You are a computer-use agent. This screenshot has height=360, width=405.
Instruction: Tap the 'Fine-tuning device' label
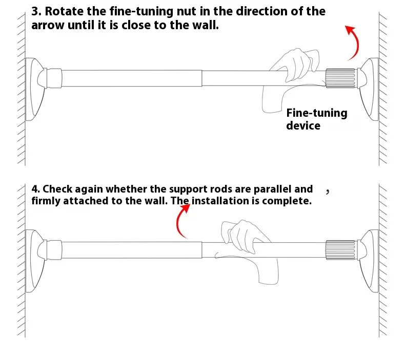(x=316, y=119)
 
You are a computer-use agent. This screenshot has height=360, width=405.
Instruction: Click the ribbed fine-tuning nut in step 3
(x=340, y=78)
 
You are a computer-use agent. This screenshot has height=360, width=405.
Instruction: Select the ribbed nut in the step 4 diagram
(x=340, y=249)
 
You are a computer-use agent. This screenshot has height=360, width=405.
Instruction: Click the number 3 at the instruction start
(x=34, y=11)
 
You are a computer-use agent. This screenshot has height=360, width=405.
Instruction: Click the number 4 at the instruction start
(x=34, y=189)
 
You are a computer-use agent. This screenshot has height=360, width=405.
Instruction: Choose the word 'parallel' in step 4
(x=273, y=189)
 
